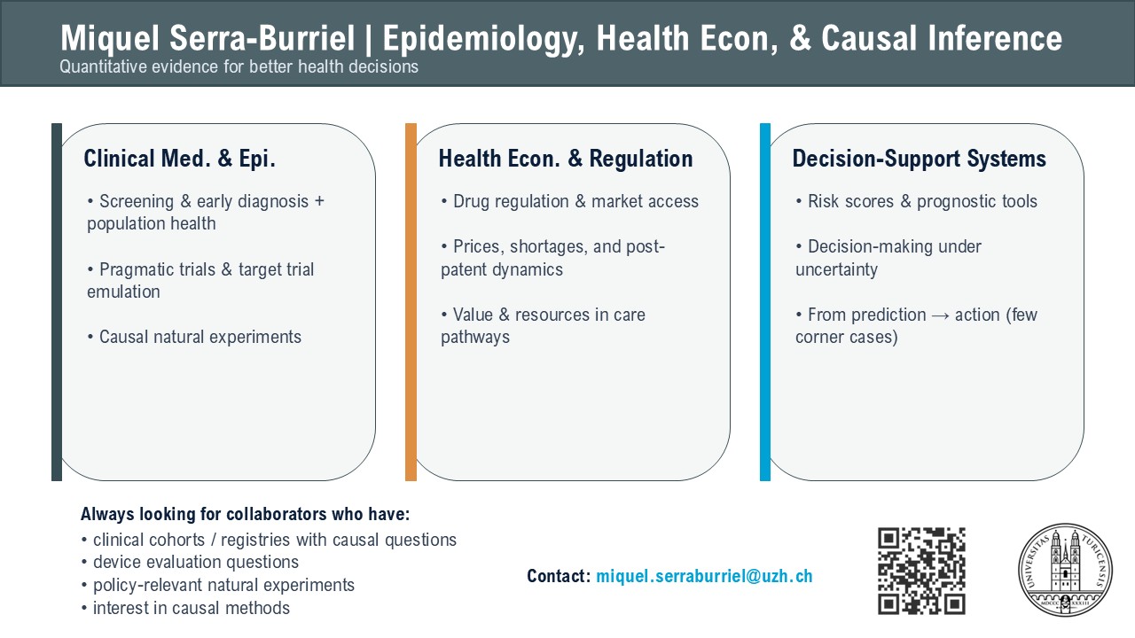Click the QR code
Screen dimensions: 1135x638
click(921, 571)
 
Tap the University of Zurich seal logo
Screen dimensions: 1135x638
click(1066, 570)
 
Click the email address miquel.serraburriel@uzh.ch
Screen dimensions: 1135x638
click(704, 576)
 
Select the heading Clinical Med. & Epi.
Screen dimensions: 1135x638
click(179, 159)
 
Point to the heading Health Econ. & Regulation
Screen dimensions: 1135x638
click(566, 159)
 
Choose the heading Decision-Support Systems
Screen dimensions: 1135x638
click(920, 159)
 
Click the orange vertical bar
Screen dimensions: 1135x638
click(411, 302)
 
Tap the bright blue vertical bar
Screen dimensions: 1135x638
click(765, 302)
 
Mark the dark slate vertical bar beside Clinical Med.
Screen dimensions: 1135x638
click(57, 302)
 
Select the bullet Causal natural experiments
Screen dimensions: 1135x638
click(194, 337)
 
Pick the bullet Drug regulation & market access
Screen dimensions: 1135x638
click(570, 201)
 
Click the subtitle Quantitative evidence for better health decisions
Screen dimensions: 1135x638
click(239, 66)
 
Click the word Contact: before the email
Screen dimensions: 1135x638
click(559, 576)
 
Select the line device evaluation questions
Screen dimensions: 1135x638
click(190, 563)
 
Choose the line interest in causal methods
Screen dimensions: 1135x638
click(185, 608)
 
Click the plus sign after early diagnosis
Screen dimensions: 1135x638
click(319, 201)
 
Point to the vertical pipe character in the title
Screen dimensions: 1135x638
click(368, 39)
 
